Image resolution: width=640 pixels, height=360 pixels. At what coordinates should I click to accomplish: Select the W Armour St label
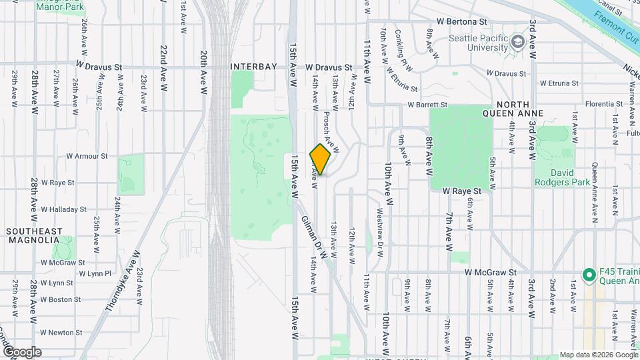tap(87, 156)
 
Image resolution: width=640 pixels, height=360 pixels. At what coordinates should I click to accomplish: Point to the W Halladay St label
tap(63, 209)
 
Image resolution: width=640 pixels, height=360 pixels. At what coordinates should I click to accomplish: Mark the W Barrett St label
tap(428, 105)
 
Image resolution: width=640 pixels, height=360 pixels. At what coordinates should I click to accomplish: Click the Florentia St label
tap(603, 105)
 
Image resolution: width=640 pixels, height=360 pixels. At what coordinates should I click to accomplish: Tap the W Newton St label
tap(61, 332)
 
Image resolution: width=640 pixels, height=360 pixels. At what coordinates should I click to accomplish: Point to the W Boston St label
tap(61, 299)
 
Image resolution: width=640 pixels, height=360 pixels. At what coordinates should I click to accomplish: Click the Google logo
tap(23, 352)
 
